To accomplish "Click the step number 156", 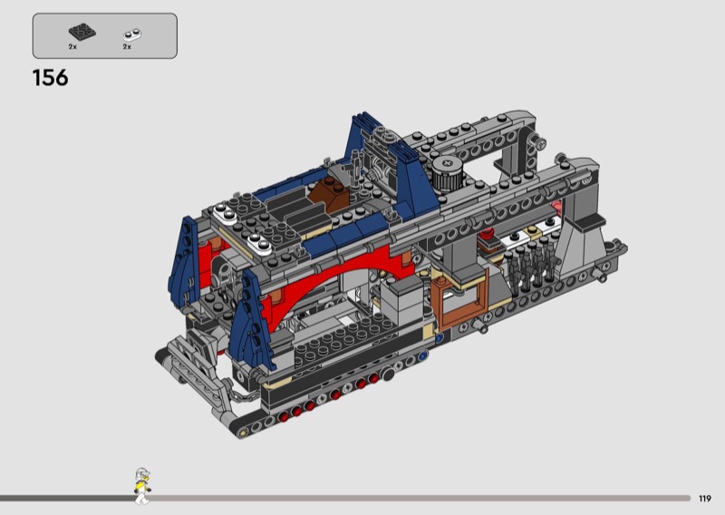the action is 51,77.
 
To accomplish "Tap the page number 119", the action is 705,499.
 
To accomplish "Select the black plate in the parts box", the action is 82,32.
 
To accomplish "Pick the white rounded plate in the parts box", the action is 132,34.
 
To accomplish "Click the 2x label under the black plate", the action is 72,47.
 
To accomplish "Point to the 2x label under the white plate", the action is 127,47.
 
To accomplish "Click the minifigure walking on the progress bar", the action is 142,485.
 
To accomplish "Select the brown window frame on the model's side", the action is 460,296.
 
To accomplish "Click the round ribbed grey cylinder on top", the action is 448,173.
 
